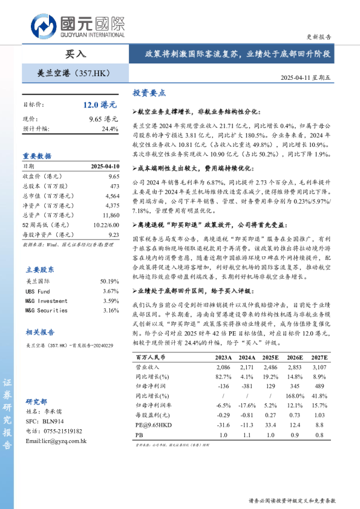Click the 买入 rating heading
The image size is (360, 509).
point(76,54)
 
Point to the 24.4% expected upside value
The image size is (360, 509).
point(110,129)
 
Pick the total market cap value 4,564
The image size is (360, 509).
point(112,196)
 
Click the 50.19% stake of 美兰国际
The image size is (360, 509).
point(110,282)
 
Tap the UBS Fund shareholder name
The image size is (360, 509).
point(38,291)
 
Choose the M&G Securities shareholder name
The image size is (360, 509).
point(46,310)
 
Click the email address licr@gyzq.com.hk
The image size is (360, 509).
point(56,441)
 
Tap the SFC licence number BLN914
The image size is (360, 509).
point(52,421)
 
